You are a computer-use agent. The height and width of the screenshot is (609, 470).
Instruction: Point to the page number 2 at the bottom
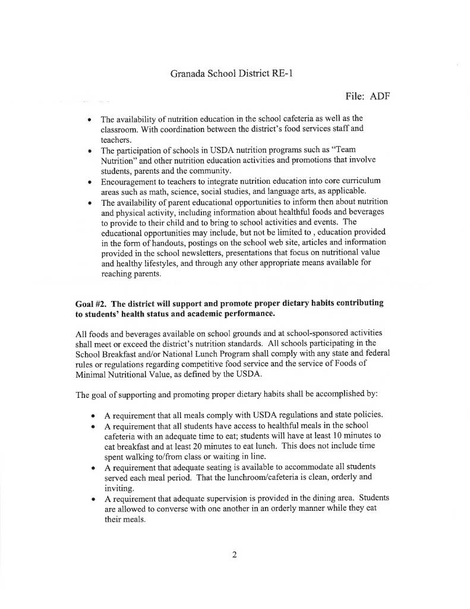pos(235,555)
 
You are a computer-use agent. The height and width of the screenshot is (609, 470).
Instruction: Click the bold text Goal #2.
pos(89,303)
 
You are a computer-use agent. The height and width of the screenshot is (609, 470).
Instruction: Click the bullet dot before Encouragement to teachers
pos(89,181)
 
